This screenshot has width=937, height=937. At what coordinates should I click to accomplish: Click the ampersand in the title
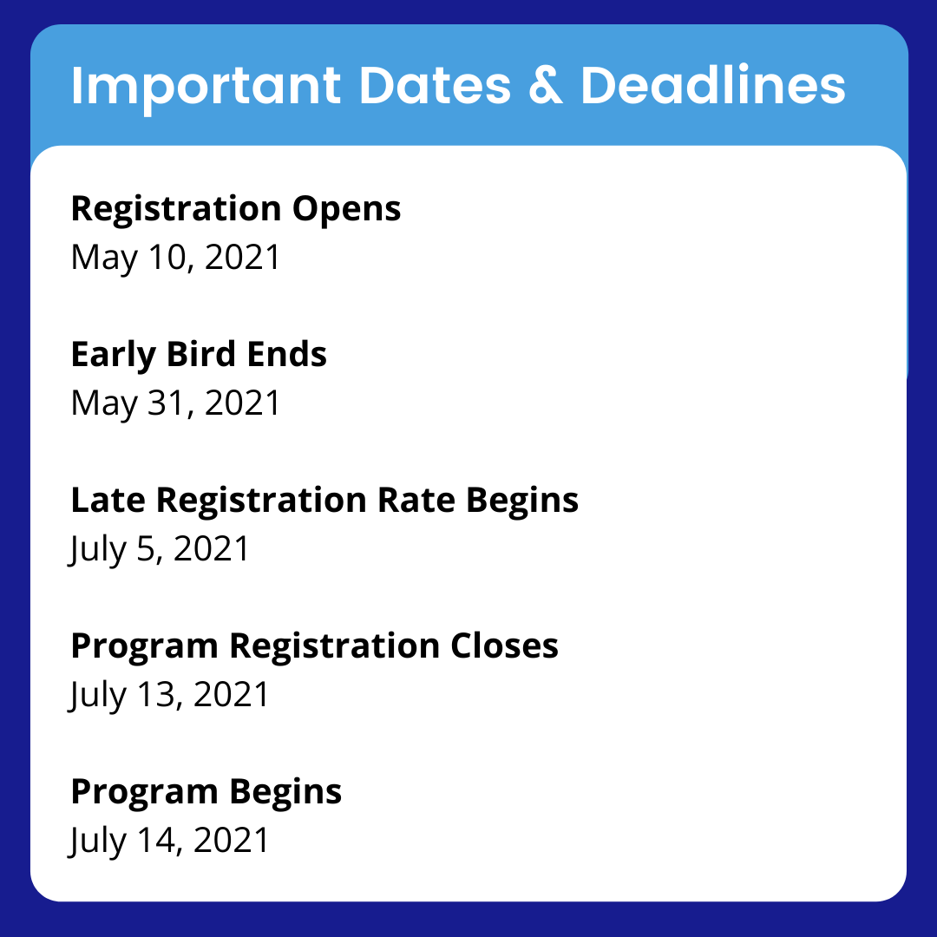pos(546,85)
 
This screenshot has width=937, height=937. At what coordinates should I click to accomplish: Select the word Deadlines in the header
pos(713,84)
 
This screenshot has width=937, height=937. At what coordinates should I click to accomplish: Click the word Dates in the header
pos(435,85)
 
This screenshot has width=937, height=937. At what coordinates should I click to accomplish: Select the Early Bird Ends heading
pos(199,355)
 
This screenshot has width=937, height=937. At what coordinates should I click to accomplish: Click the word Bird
pos(200,354)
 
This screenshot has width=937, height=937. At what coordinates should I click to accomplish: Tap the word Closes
pos(504,645)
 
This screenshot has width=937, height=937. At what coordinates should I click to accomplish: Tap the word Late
pos(108,501)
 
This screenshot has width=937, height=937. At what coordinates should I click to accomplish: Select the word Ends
pos(287,354)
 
